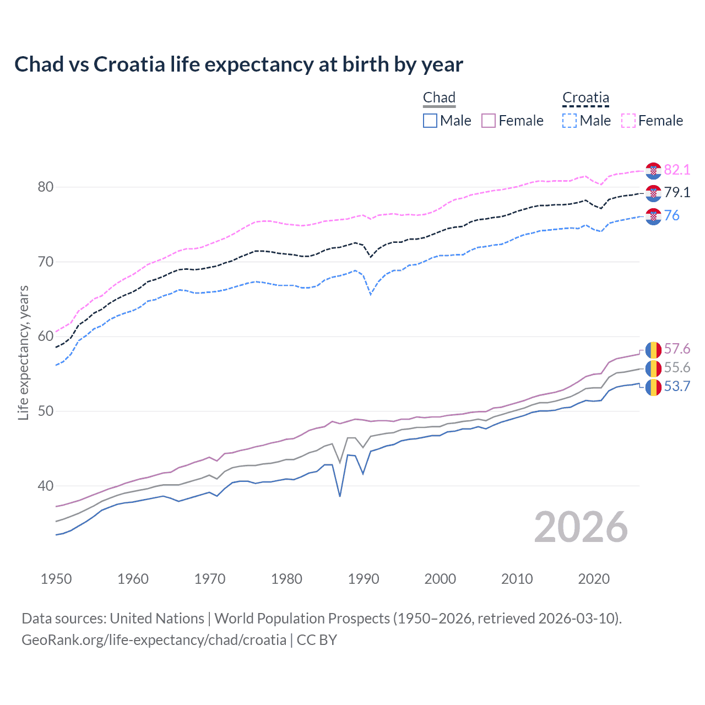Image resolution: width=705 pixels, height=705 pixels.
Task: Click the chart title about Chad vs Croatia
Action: pos(238,64)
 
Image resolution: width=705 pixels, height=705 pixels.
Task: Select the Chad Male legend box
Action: pos(430,121)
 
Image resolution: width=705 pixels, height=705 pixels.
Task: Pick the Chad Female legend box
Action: pos(489,121)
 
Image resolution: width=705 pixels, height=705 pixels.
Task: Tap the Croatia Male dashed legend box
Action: pos(570,121)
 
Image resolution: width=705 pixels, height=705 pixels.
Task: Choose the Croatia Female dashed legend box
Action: pos(628,121)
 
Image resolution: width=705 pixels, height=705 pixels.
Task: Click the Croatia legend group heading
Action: pos(585,98)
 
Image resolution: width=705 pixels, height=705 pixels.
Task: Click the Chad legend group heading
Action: pos(439,98)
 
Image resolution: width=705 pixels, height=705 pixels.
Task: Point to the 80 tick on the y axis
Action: pos(46,187)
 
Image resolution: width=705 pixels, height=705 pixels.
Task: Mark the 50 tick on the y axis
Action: pos(46,411)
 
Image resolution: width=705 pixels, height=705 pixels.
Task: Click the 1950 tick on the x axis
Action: pos(56,579)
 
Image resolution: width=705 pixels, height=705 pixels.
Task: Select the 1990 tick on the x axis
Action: pos(364,579)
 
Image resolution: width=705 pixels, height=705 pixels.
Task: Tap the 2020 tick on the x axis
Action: pos(594,579)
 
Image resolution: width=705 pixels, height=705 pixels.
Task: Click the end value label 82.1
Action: pos(677,170)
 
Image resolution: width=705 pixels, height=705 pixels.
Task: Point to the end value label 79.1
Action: pos(677,192)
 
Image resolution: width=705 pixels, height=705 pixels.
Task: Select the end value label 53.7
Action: pos(677,387)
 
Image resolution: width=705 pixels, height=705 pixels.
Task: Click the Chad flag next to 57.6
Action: pos(653,350)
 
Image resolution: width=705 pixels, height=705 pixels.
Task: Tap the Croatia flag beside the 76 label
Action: pos(653,216)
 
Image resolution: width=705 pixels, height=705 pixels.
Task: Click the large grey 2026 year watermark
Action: pos(581,528)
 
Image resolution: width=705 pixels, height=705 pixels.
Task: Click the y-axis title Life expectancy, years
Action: pos(23,352)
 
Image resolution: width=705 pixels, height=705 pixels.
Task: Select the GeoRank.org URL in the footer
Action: pos(154,640)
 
